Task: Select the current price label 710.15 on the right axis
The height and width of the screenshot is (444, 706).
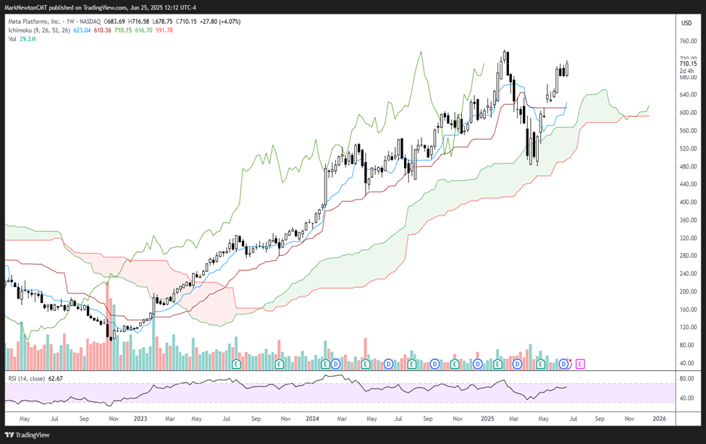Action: [x=688, y=64]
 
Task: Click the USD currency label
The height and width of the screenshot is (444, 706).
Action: [x=686, y=22]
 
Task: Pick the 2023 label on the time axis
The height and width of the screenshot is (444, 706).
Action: [x=140, y=418]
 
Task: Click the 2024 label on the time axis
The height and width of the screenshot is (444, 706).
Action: [x=313, y=418]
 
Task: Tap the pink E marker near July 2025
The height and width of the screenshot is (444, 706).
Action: [x=579, y=362]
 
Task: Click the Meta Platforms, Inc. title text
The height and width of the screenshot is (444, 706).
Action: [x=35, y=22]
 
